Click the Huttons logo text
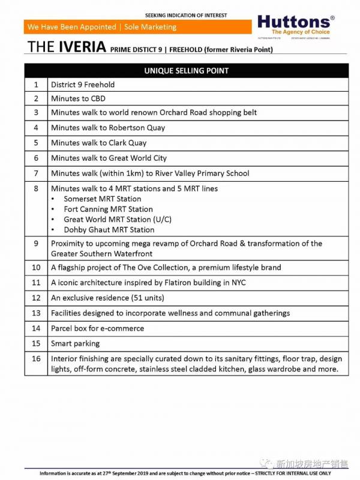pyautogui.click(x=295, y=22)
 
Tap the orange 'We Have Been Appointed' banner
pyautogui.click(x=102, y=27)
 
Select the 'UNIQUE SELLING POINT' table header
pyautogui.click(x=186, y=71)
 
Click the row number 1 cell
pyautogui.click(x=36, y=85)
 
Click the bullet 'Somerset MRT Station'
pyautogui.click(x=103, y=199)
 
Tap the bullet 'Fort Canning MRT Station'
pyautogui.click(x=108, y=209)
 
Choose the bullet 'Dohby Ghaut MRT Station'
pyautogui.click(x=109, y=230)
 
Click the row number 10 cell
pyautogui.click(x=36, y=268)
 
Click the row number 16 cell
pyautogui.click(x=36, y=358)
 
